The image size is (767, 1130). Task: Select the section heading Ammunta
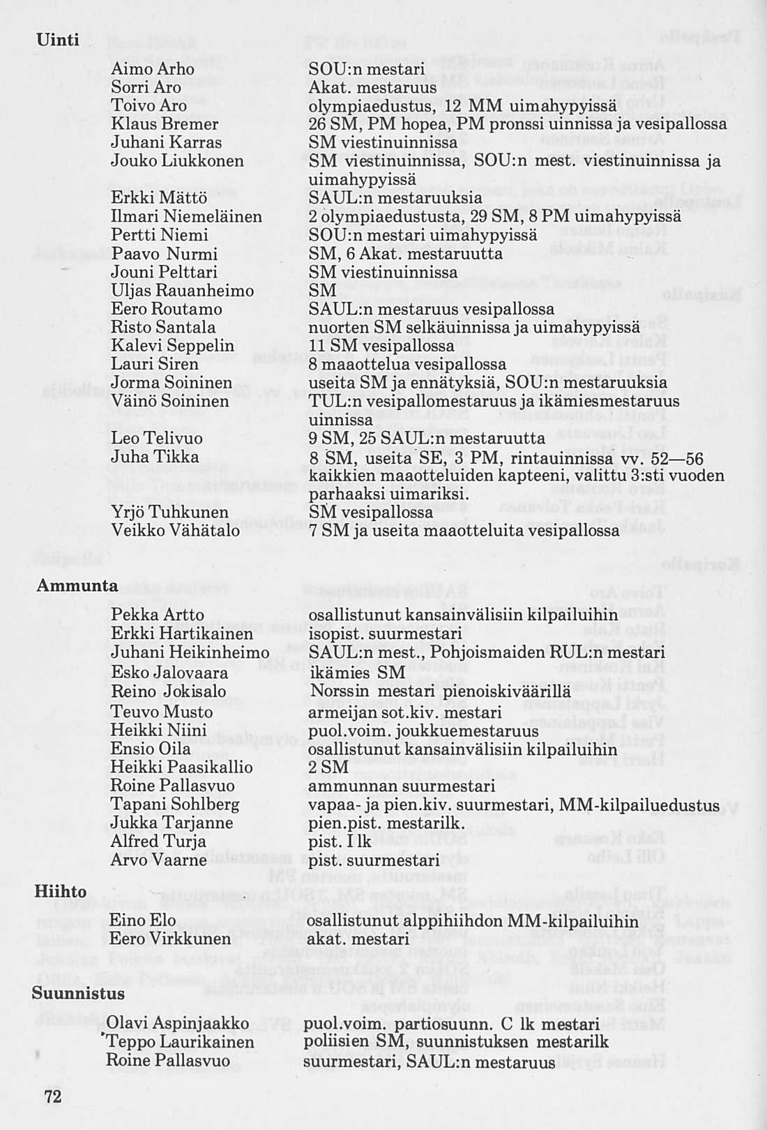[77, 586]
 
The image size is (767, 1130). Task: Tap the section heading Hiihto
[61, 891]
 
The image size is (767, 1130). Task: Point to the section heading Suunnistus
[78, 993]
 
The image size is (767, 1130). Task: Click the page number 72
[53, 1097]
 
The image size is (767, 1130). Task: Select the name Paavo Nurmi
[164, 254]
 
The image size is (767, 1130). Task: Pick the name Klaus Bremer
[165, 124]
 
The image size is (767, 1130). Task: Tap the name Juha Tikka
[155, 457]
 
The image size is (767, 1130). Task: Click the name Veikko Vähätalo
[175, 531]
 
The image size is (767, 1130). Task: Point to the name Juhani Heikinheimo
[190, 653]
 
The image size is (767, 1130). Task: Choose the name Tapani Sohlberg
[175, 805]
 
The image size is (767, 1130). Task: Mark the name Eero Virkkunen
[169, 939]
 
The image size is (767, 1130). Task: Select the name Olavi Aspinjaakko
[178, 1024]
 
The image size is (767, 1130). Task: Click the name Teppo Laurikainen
[181, 1042]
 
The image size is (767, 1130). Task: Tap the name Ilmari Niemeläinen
[186, 217]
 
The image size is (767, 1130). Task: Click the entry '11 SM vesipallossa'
[381, 346]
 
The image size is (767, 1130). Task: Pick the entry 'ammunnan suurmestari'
[402, 787]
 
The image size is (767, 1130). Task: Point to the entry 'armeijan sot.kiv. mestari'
[404, 713]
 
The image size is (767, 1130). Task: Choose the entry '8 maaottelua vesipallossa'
[407, 365]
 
